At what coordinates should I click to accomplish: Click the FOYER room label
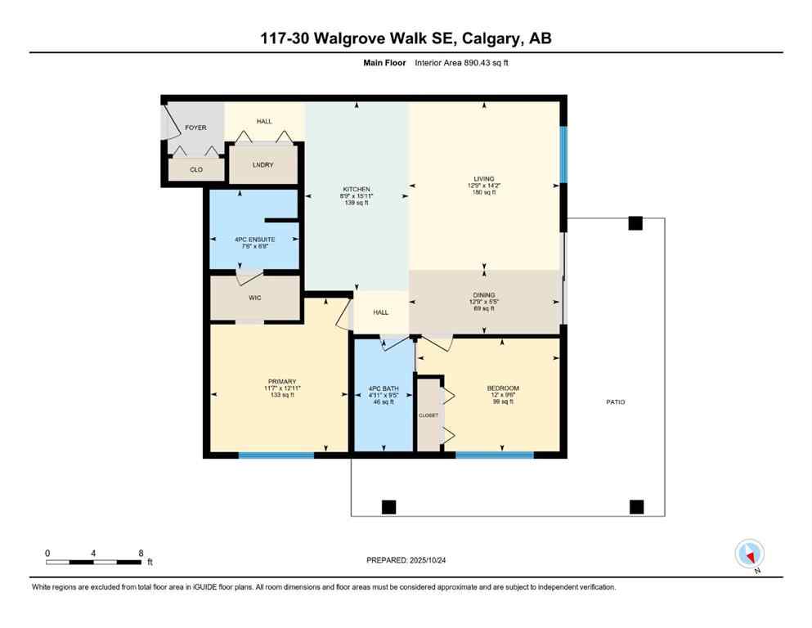coord(195,128)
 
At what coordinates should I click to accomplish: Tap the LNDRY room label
coord(262,165)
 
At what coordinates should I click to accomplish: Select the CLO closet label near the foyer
coord(196,170)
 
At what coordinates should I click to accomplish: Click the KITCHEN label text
coord(357,189)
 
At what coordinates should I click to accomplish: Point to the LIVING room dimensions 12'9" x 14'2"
coord(484,186)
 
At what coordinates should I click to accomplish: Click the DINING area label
coord(484,295)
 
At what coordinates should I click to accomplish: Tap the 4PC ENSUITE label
coord(254,240)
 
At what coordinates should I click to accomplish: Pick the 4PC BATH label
coord(383,388)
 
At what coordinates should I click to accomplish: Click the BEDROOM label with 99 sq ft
coord(502,388)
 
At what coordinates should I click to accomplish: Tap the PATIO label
coord(615,402)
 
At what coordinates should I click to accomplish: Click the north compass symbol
coord(750,554)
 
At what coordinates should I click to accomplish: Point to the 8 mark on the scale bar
coord(141,553)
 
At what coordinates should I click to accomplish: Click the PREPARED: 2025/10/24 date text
coord(406,560)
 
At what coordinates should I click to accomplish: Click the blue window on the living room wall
coord(563,154)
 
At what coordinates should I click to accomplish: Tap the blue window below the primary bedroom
coord(276,455)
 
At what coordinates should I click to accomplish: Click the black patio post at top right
coord(635,223)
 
